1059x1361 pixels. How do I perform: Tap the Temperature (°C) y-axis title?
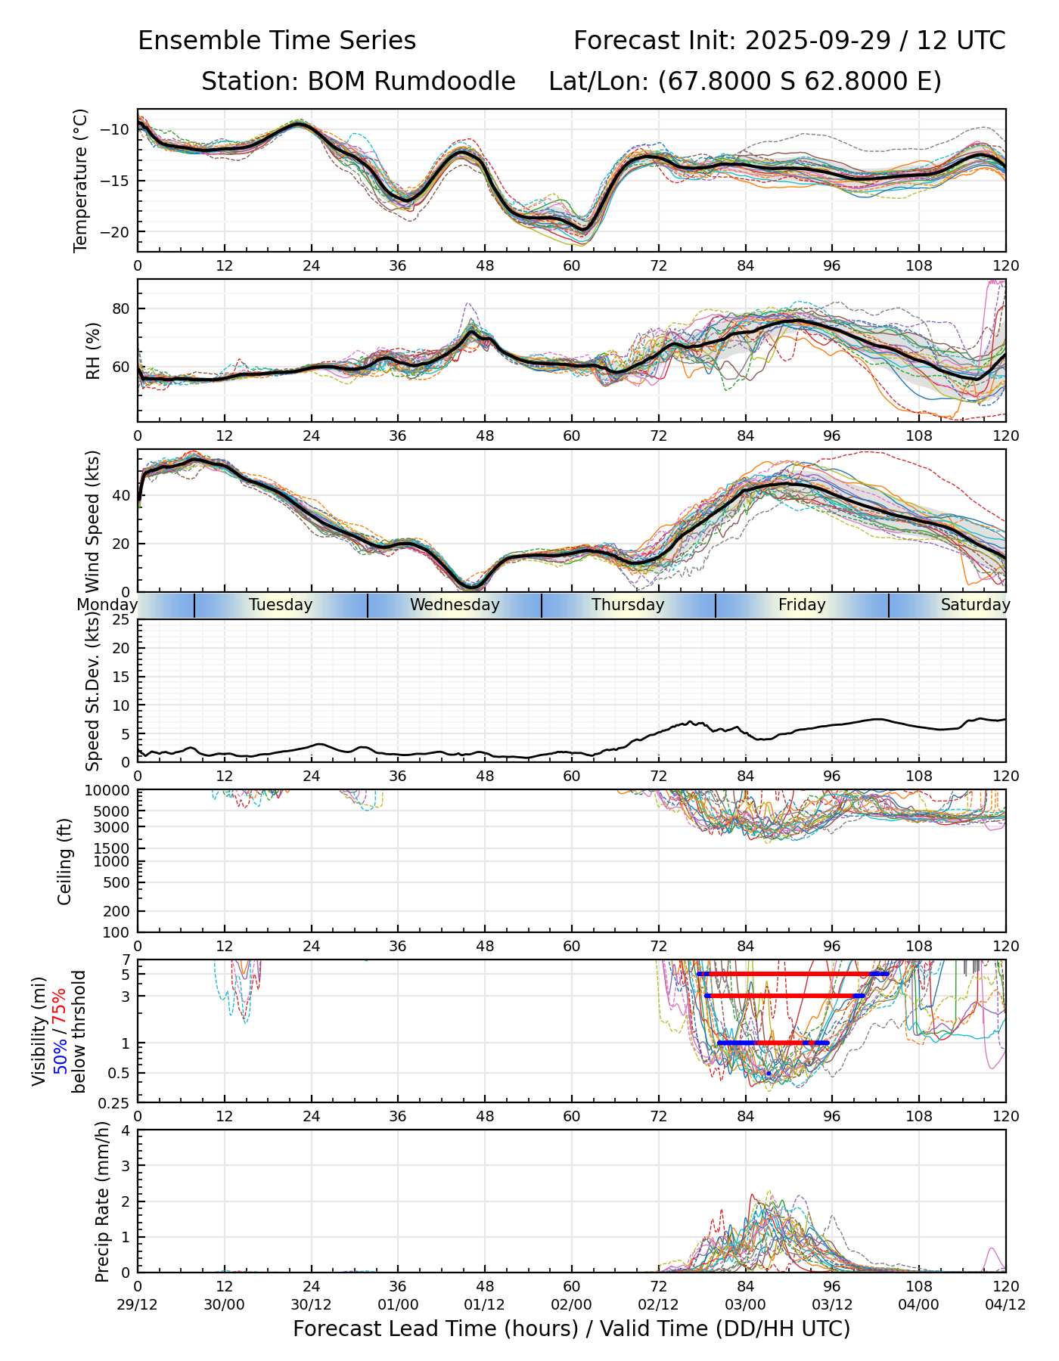[x=81, y=180]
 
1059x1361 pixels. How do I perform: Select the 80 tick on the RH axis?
[x=121, y=308]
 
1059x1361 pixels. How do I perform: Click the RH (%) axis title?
[x=93, y=350]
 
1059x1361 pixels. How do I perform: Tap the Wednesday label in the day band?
[x=455, y=605]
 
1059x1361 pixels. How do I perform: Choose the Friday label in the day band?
[x=802, y=605]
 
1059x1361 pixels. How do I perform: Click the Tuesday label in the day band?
[x=281, y=605]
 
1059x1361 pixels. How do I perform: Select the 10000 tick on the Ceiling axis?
[x=108, y=791]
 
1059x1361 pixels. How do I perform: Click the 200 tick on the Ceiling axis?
[x=116, y=911]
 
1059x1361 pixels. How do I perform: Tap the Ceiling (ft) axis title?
[x=65, y=861]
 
